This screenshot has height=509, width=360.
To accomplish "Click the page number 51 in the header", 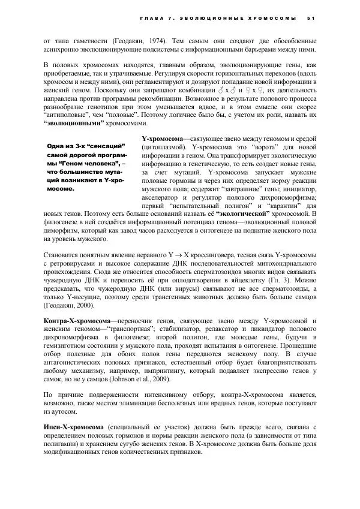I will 311,17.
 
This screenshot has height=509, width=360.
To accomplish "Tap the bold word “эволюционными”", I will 74,123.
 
